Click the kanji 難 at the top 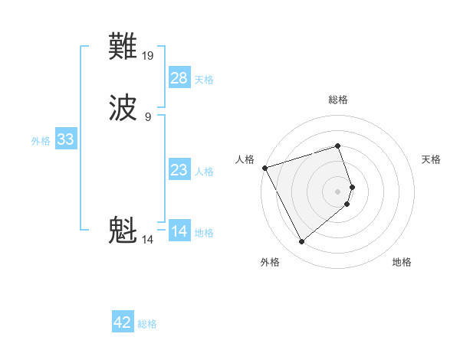123,48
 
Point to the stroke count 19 149,56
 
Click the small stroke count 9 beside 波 148,116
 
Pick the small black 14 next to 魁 147,240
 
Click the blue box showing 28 179,78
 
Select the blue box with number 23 179,170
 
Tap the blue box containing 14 179,231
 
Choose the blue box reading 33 65,139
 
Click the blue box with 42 123,322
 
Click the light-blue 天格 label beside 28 204,80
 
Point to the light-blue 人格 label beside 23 204,172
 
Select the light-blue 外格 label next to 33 41,141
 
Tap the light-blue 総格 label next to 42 147,324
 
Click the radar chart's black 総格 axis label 337,100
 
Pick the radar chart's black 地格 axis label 402,262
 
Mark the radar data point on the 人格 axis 264,168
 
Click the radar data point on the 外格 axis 301,241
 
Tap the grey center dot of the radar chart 338,191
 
